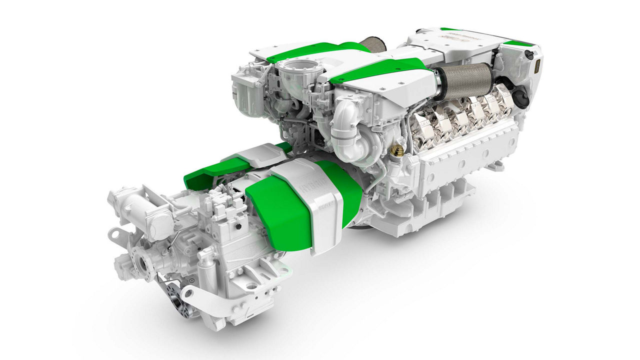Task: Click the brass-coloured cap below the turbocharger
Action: tap(399, 149)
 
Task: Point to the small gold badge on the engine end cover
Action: tap(537, 66)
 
